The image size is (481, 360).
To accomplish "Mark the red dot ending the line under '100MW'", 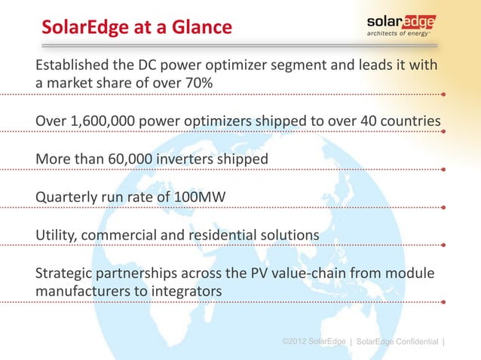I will click(444, 209).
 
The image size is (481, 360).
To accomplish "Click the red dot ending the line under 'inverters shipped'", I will click(444, 170).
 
